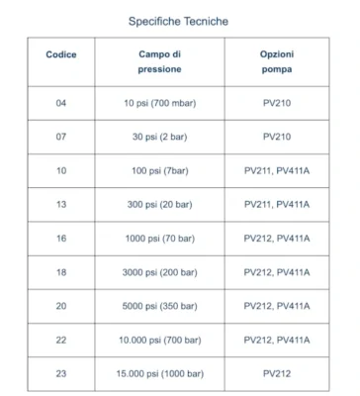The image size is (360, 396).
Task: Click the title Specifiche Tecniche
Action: (179, 20)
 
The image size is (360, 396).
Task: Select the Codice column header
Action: (61, 53)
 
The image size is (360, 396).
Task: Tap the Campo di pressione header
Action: (158, 61)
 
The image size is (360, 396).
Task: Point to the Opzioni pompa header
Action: (277, 61)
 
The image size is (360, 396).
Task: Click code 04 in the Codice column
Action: (61, 103)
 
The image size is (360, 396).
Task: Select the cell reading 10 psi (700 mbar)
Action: (158, 103)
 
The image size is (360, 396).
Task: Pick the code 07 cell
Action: (61, 137)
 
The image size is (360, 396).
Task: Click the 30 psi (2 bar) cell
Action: (158, 137)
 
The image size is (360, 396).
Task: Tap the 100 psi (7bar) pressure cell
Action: (158, 170)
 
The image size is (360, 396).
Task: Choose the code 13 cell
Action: (61, 204)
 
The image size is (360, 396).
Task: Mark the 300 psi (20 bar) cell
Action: (158, 204)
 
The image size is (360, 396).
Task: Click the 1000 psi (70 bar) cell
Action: (158, 238)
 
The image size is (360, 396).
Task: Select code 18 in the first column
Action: (61, 271)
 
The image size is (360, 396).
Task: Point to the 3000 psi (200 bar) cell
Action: (158, 271)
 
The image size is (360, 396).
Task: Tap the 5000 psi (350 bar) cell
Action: (158, 306)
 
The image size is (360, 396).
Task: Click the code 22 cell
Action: (61, 340)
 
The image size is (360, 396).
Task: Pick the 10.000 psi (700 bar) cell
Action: (158, 340)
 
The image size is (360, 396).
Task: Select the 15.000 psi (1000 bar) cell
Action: (158, 373)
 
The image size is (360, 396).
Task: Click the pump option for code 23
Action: (277, 373)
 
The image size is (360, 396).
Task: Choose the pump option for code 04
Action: (277, 103)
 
